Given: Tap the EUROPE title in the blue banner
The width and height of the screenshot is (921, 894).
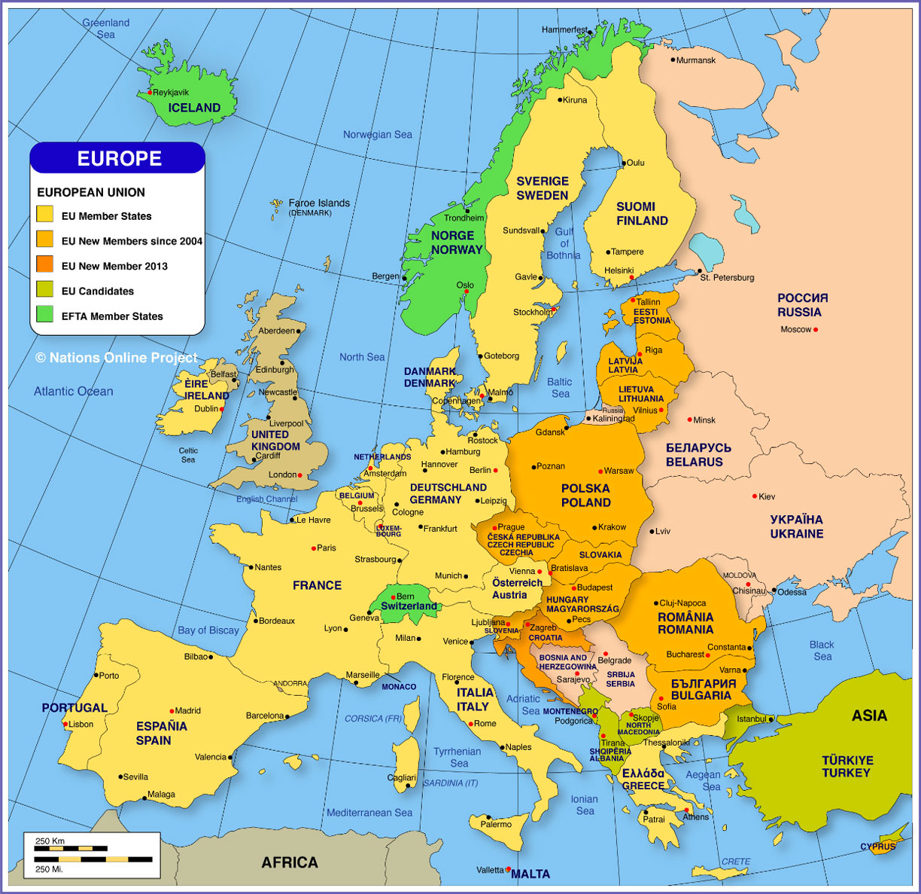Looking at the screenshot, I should coord(119,158).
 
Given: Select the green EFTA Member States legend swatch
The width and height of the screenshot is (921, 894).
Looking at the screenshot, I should coord(45,315).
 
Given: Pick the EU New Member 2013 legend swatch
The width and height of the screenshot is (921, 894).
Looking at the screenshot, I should coord(45,264).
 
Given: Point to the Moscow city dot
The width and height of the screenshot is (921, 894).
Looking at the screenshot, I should coord(816,330).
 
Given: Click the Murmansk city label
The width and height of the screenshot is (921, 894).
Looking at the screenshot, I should coord(696,60).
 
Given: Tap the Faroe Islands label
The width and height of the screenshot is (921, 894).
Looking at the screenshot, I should coord(319,203).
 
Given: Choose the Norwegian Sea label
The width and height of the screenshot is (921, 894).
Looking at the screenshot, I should coord(378,135).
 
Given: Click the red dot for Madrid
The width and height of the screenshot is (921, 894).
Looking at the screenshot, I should coord(172,711).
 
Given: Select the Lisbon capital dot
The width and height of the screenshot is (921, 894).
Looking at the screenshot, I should coord(65,725).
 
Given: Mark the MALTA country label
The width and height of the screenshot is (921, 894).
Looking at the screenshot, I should coord(530,874).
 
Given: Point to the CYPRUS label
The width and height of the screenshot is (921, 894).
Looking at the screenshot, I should coord(878,847).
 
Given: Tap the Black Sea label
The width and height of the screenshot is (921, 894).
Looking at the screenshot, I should coord(822,651).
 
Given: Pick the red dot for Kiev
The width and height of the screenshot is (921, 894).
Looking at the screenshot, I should coord(755,496).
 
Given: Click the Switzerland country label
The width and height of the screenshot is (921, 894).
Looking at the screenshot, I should coord(409,606).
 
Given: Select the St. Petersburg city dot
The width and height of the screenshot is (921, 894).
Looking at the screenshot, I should coord(700,271).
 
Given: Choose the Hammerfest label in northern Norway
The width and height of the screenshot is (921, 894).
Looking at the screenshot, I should coord(564,30).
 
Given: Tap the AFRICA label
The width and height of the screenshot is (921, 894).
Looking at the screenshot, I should coord(290,863).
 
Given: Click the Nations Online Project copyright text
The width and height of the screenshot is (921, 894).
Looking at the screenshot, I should coord(117,358).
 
